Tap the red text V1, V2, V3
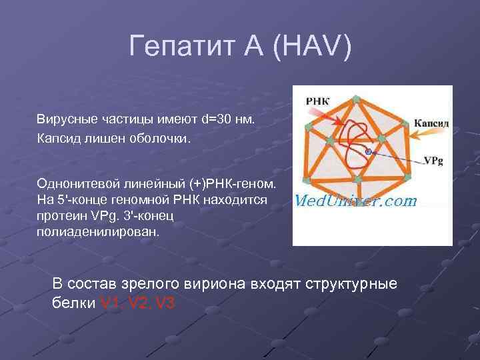tap(137, 303)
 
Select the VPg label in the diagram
tap(434, 161)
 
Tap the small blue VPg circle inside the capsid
tap(367, 153)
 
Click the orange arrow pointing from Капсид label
tap(401, 134)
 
